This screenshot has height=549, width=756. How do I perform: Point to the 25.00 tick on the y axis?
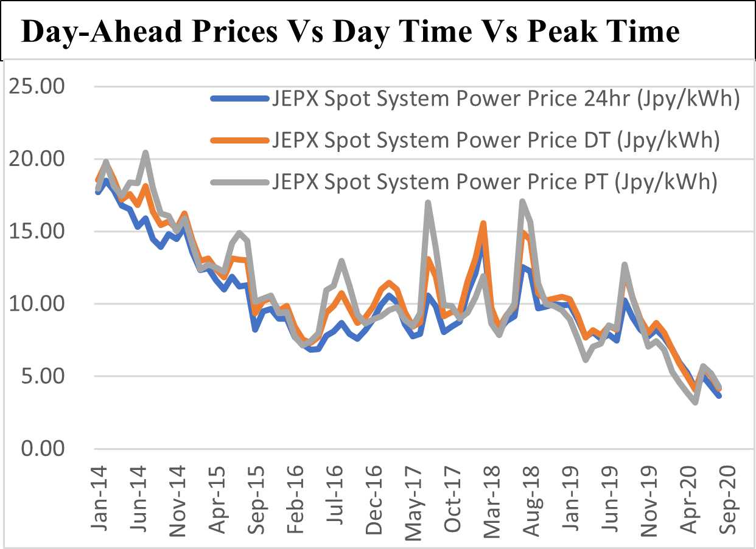38,87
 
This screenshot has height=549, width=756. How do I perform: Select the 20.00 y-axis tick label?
38,159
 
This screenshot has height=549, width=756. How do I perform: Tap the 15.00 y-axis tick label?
38,232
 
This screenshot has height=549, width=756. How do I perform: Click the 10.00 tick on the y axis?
38,304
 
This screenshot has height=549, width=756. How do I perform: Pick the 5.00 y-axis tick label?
44,376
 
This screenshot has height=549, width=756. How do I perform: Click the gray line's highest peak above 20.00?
145,153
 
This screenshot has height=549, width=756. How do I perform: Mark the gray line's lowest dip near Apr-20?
695,402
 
